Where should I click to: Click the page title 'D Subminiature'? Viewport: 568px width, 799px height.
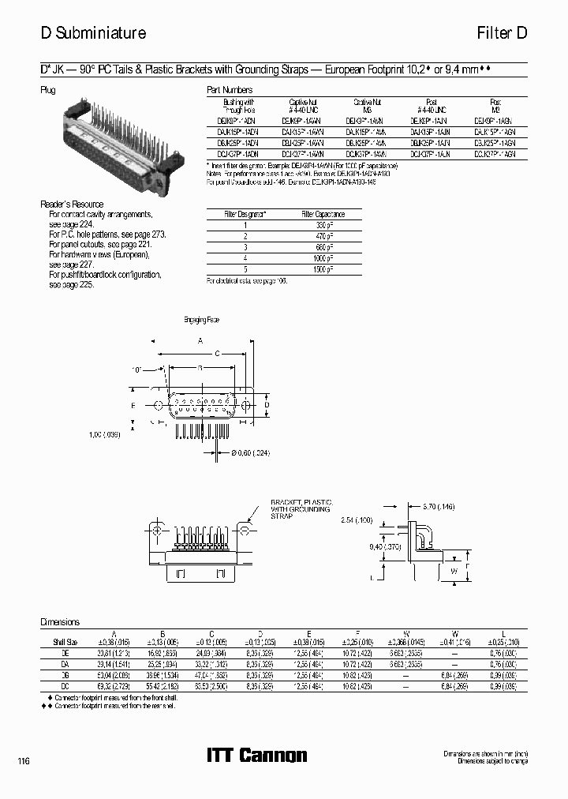pos(93,33)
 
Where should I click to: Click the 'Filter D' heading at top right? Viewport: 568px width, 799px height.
pos(501,33)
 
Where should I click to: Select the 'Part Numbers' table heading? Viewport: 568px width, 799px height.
pos(230,90)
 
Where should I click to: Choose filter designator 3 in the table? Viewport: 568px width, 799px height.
pos(246,247)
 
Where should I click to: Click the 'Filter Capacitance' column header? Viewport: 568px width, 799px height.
pos(323,214)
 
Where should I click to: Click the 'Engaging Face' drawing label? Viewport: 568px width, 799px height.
pos(200,320)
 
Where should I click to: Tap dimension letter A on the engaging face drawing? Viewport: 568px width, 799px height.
pos(200,340)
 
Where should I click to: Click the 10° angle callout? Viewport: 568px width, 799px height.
pos(137,369)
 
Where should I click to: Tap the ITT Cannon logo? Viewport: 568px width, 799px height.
pos(256,756)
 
